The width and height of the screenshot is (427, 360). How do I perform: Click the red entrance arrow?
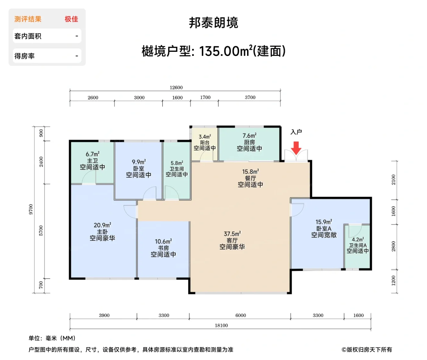coord(296,148)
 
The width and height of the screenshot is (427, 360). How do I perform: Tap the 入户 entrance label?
coord(296,132)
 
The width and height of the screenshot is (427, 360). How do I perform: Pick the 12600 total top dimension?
coord(176,87)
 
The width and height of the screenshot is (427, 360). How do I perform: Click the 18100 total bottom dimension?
coord(221,325)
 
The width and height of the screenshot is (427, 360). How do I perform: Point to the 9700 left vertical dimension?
coord(31,209)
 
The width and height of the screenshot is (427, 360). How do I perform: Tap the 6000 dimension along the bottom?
coord(240,315)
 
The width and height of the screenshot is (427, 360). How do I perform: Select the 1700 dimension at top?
coord(205,97)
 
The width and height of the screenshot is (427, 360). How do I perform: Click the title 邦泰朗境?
coord(213,23)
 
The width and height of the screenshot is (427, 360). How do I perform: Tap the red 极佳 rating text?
coord(71,19)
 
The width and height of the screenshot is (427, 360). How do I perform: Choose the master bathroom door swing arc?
coord(88,177)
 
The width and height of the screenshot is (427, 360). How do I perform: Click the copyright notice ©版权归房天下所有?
coord(367,350)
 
